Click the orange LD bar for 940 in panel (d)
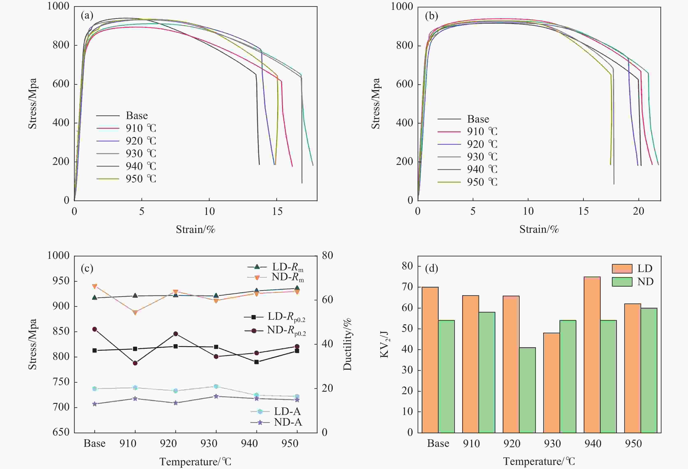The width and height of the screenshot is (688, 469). pyautogui.click(x=592, y=355)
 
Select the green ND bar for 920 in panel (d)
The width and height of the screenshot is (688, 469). pyautogui.click(x=527, y=390)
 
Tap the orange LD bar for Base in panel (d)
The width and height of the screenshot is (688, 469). pyautogui.click(x=430, y=360)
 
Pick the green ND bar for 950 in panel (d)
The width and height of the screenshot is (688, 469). pyautogui.click(x=649, y=370)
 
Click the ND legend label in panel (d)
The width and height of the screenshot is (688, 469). pyautogui.click(x=645, y=281)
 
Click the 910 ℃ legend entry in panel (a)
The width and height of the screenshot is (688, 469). pyautogui.click(x=126, y=128)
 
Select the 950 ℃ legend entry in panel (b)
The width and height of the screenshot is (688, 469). pyautogui.click(x=467, y=182)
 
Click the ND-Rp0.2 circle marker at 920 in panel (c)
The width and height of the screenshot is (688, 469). pyautogui.click(x=176, y=334)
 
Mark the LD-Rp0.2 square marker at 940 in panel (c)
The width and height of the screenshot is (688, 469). pyautogui.click(x=257, y=362)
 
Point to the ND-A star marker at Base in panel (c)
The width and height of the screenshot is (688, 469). pyautogui.click(x=95, y=404)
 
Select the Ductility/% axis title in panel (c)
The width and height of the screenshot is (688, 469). pyautogui.click(x=347, y=344)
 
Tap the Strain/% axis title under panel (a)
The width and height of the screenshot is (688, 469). pyautogui.click(x=195, y=229)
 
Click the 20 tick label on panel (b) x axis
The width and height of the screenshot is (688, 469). pyautogui.click(x=639, y=211)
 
